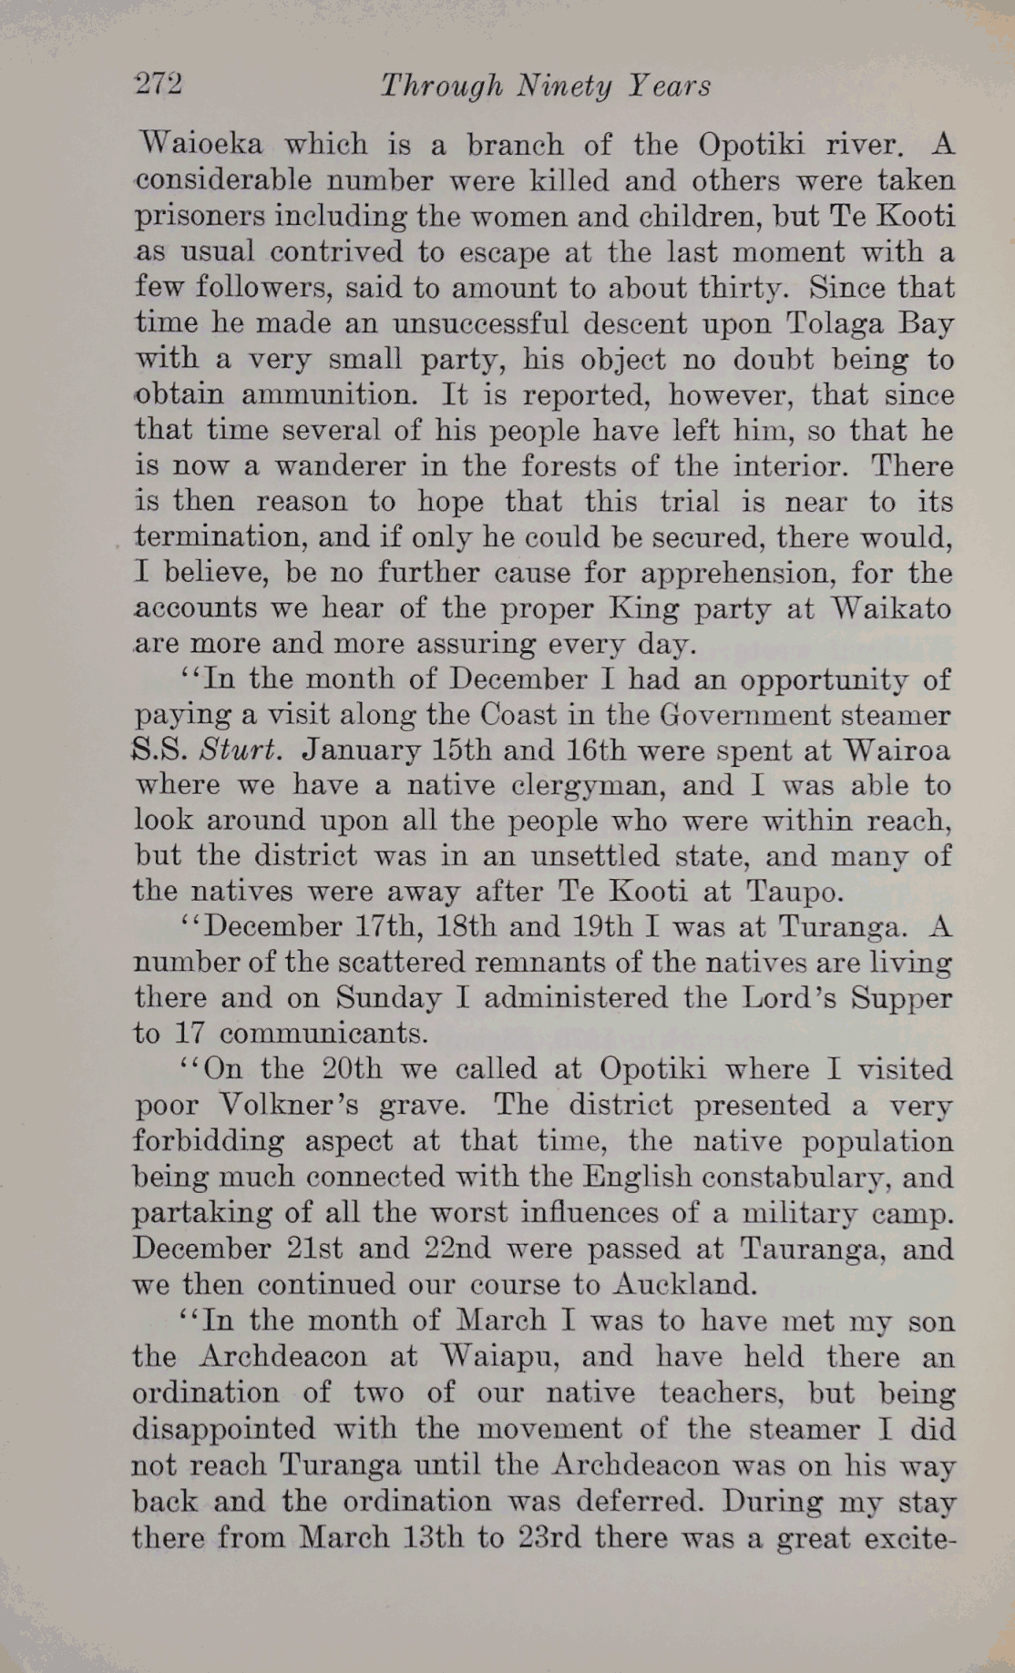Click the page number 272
[x=159, y=85]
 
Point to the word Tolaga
[x=832, y=323]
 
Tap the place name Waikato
[x=891, y=608]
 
